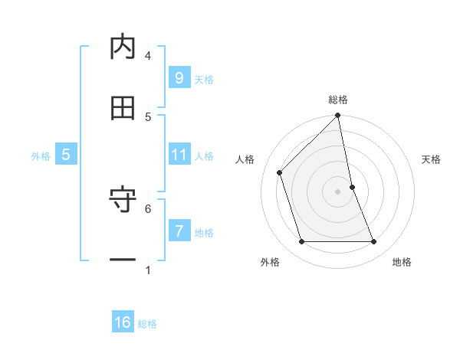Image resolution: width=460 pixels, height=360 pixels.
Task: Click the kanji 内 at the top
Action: click(x=123, y=47)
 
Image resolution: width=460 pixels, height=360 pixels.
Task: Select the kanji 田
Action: click(x=123, y=108)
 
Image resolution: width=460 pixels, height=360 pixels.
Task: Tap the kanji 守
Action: click(x=123, y=201)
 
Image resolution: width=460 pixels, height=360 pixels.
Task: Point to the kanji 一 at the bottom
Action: click(x=123, y=260)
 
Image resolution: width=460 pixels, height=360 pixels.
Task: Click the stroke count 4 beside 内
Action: click(x=148, y=55)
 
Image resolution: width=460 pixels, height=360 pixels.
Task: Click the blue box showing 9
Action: click(x=179, y=77)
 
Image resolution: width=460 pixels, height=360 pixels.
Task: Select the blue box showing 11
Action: click(x=179, y=155)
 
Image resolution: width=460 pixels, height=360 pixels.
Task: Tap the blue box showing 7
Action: click(x=179, y=231)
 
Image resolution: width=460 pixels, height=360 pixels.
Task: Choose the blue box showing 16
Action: click(x=123, y=322)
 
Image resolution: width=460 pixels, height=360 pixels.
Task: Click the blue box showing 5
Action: click(x=66, y=155)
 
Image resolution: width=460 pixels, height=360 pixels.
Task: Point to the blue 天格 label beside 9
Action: click(x=204, y=79)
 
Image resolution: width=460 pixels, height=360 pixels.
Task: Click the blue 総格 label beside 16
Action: click(x=148, y=324)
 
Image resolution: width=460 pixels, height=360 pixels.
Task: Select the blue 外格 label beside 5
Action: click(x=41, y=156)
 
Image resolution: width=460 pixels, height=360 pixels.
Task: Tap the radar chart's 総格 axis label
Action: click(x=338, y=100)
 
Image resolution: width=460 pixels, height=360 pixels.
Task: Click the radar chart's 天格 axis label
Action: click(x=432, y=159)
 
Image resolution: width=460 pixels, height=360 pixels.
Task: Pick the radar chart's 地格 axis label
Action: click(x=402, y=262)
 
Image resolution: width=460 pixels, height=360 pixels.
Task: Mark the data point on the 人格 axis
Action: click(x=280, y=172)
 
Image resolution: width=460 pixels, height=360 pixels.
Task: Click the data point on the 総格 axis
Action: click(x=338, y=116)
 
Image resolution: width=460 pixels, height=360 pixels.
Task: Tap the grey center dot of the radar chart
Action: click(x=338, y=191)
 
